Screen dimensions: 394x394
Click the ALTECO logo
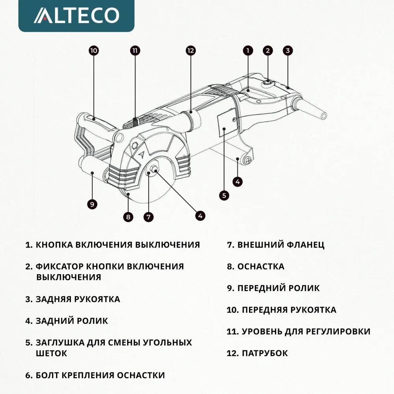pos(76,15)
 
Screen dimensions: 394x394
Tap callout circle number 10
pos(94,50)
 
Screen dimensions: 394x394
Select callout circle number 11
pos(135,50)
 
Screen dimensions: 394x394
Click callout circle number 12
pos(190,50)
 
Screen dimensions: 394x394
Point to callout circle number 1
pos(248,50)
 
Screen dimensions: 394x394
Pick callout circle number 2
pos(268,50)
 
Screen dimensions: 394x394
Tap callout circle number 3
pos(288,50)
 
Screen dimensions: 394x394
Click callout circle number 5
pos(224,195)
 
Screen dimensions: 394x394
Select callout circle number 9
pos(91,204)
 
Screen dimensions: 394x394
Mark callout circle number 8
pos(128,217)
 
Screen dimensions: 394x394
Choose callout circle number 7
pos(149,217)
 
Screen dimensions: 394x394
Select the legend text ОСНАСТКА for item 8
pos(260,266)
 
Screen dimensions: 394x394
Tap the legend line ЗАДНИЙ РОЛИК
pos(72,321)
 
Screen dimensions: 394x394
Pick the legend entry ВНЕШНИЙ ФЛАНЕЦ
pos(281,245)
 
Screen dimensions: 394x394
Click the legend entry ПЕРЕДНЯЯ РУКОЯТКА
pos(288,310)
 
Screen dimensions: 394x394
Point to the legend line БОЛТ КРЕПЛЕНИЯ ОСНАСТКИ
pos(100,375)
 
